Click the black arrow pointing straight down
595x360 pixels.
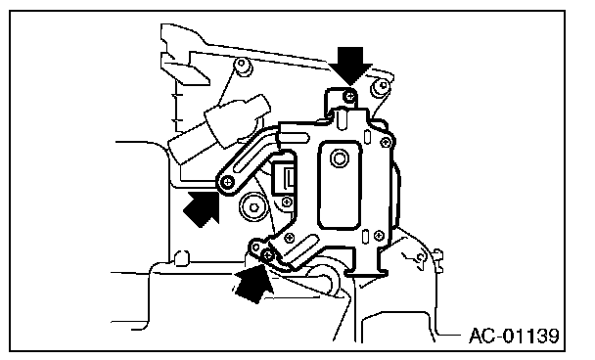(x=350, y=65)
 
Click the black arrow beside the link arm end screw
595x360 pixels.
(x=203, y=208)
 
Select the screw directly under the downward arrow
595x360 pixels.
(x=349, y=96)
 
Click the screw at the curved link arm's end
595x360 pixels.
(x=228, y=182)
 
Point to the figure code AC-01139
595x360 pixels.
(x=514, y=336)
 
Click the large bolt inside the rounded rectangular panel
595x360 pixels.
(x=339, y=157)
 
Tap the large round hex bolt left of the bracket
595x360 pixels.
(x=253, y=207)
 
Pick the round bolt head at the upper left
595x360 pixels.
(x=243, y=66)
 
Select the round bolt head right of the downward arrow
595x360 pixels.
(x=381, y=86)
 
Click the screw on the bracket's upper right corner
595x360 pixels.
(x=386, y=143)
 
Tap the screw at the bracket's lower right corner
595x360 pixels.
(x=379, y=235)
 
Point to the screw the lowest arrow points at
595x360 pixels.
(x=268, y=255)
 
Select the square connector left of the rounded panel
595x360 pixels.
(x=283, y=177)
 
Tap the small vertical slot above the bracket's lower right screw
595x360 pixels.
(x=365, y=237)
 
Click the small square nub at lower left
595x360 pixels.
(x=181, y=257)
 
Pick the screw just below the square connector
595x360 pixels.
(x=288, y=202)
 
